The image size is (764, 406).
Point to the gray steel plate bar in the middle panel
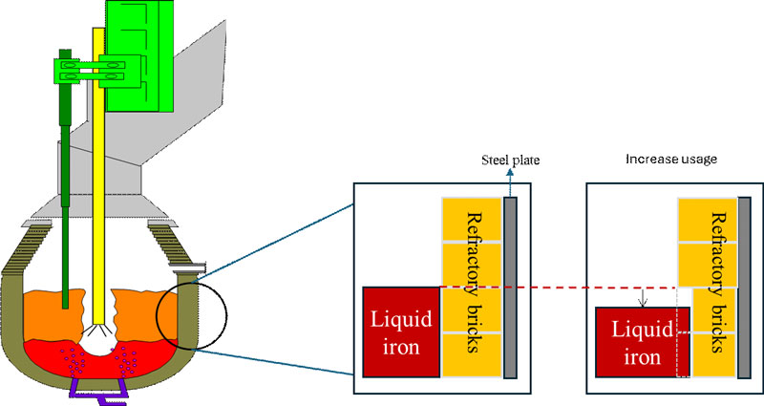510,287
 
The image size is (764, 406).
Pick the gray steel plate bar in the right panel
745,287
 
